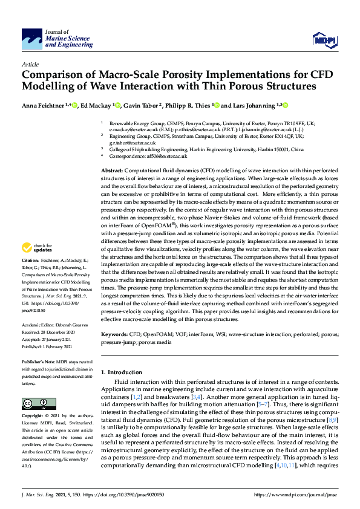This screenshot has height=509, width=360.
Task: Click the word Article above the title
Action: [30, 63]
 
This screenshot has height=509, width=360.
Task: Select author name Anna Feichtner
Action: [44, 106]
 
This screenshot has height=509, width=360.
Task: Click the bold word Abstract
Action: [111, 172]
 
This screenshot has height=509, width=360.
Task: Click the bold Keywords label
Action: [114, 334]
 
